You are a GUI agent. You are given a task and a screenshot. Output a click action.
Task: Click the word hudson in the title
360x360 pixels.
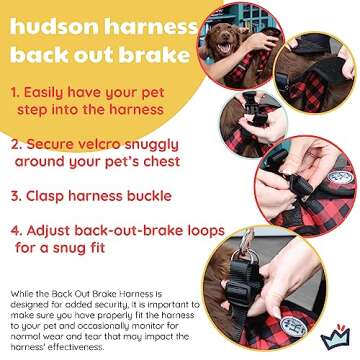[x=53, y=23]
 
